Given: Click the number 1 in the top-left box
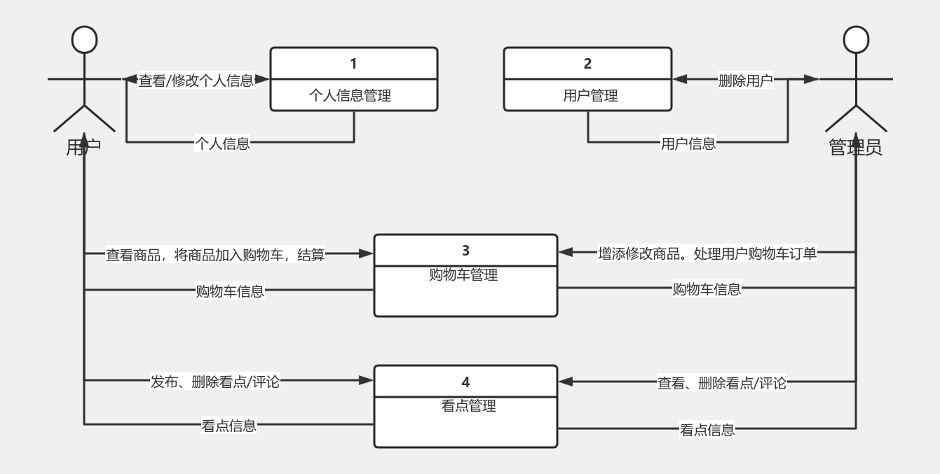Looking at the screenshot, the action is point(353,64).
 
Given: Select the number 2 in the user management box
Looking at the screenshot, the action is point(587,64).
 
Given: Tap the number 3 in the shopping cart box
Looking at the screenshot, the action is point(466,251).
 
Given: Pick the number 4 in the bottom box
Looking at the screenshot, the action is point(466,382).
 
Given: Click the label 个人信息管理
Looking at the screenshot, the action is point(350,95).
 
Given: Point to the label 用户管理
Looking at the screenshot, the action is point(590,95).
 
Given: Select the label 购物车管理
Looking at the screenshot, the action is point(463,275).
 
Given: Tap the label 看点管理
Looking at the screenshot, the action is point(468,405).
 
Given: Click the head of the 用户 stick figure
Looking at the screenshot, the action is point(84,40).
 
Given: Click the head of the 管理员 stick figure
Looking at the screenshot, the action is point(856,40).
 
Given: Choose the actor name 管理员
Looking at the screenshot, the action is point(855,148).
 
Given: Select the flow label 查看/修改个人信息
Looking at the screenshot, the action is point(196,81).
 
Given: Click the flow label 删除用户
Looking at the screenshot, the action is point(745,81).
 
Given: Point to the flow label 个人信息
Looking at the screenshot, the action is point(222,144).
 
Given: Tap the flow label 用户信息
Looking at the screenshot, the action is point(688,144).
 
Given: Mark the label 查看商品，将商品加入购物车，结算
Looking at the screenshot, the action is point(215,255).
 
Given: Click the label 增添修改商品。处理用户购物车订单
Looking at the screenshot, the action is point(707,253).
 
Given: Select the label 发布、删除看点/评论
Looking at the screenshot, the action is point(215,382).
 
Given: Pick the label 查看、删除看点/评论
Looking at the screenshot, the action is point(722,383).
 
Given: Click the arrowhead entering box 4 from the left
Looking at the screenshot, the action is point(366,381).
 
